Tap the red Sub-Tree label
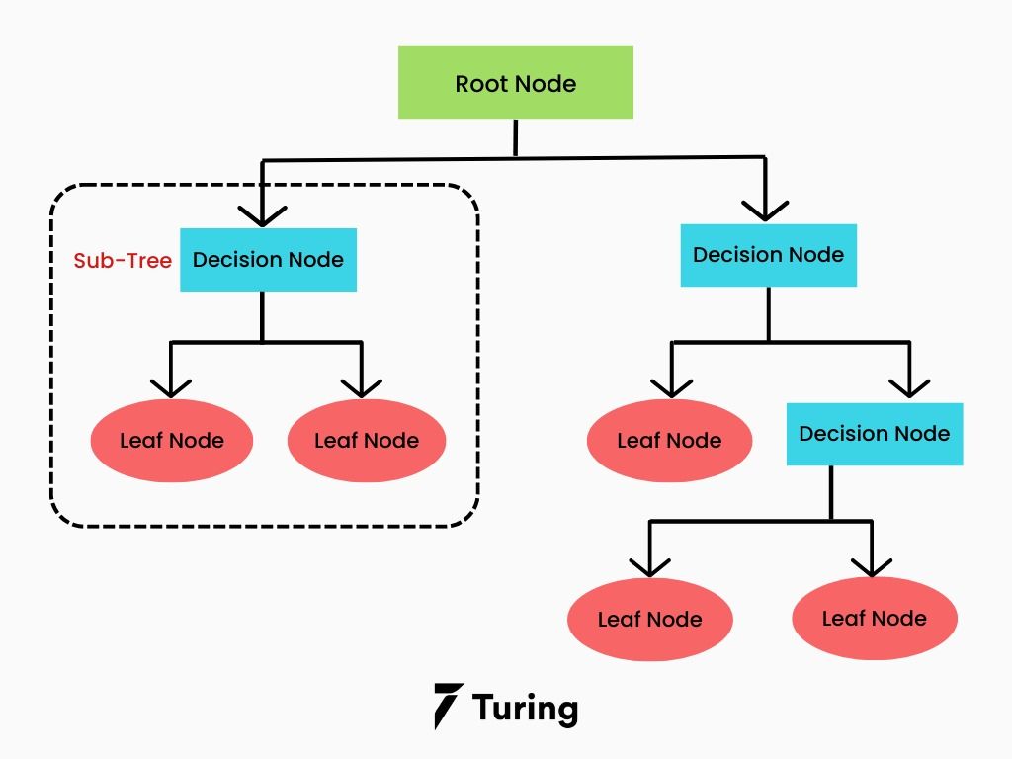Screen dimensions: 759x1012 123,261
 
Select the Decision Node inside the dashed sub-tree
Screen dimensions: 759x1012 268,260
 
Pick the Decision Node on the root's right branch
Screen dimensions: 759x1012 768,255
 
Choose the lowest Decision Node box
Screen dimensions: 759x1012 874,434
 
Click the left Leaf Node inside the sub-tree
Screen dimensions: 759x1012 172,441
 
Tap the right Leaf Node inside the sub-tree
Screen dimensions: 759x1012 367,441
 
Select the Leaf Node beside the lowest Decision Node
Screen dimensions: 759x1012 669,441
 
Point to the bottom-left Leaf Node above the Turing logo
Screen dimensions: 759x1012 649,620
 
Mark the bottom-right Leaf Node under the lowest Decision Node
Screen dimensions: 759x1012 875,619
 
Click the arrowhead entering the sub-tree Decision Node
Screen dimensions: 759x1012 262,215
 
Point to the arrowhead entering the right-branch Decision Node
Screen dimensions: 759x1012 765,209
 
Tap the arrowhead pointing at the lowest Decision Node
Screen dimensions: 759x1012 908,385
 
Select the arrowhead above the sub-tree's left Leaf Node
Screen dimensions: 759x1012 171,385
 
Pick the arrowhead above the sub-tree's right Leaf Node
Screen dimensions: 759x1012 361,385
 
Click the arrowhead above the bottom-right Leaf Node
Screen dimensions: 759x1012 872,565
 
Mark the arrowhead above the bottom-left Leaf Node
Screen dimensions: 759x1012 649,565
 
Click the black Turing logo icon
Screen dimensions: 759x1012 448,706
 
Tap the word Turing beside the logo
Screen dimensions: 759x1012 525,708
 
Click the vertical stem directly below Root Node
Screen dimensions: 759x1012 515,137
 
